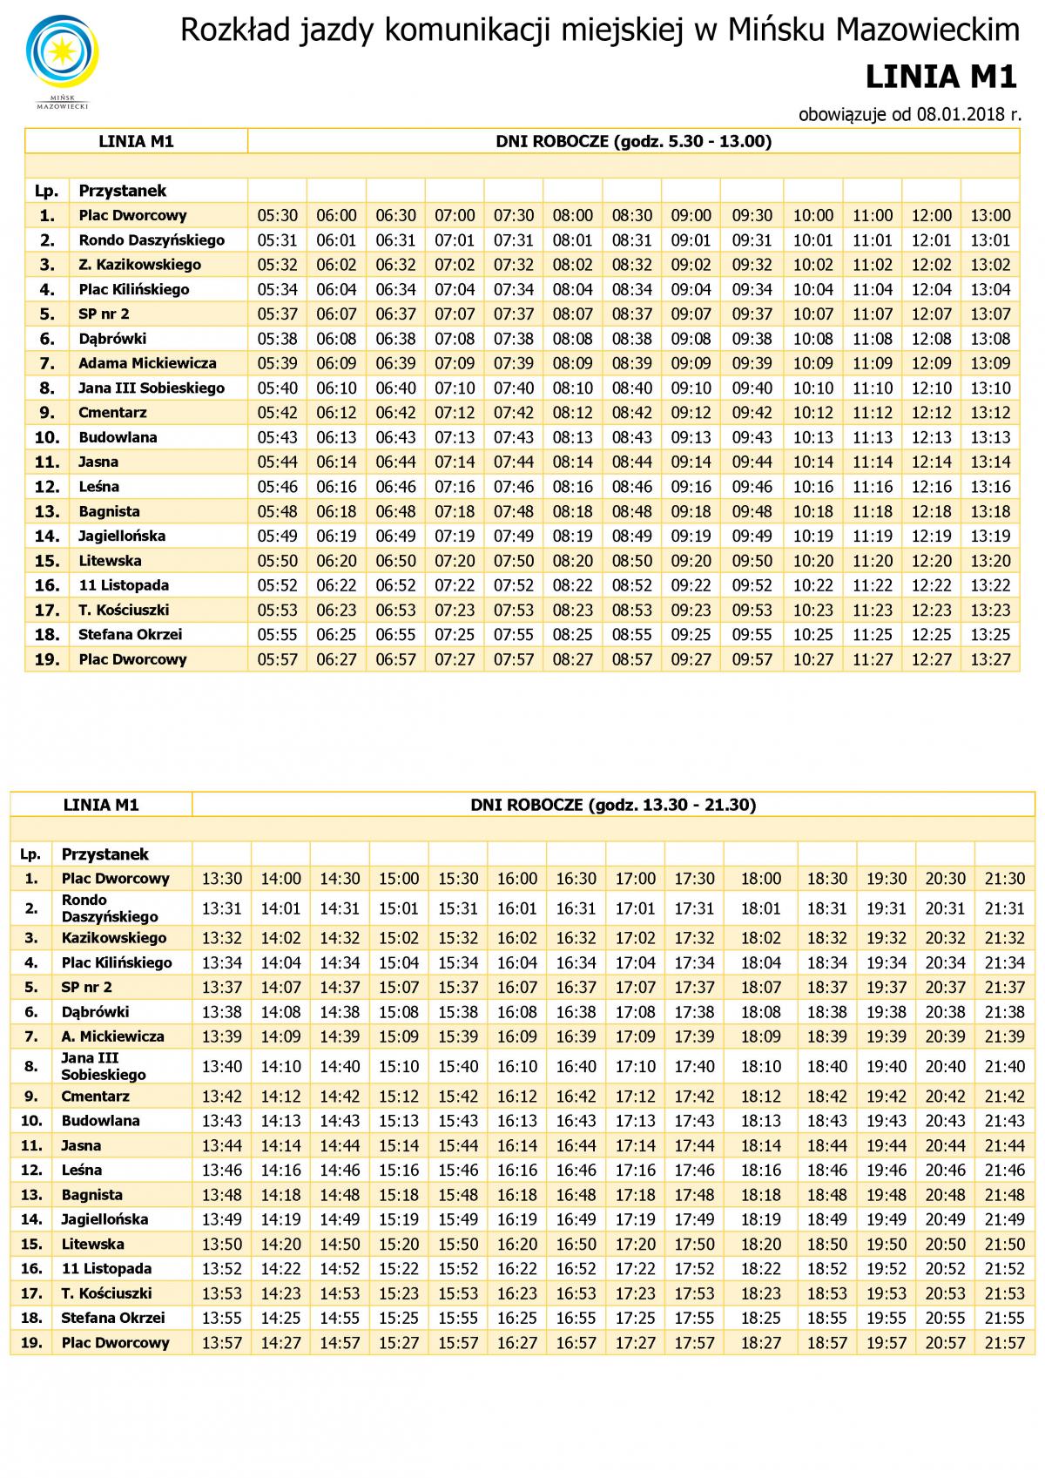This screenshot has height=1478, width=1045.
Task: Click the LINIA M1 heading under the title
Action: [x=941, y=78]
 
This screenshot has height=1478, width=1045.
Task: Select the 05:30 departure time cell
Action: [x=277, y=215]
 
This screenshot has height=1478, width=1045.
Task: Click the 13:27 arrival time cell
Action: [x=990, y=659]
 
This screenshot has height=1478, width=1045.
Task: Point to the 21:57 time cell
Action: [x=1004, y=1342]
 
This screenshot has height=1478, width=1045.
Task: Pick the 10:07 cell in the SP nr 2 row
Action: [x=812, y=314]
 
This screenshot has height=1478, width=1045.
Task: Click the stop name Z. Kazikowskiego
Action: [x=139, y=265]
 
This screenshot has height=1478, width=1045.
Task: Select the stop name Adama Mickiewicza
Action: [x=147, y=363]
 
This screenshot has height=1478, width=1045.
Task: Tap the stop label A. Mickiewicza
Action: [x=112, y=1036]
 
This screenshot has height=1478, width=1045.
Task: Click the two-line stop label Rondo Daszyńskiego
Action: [x=110, y=908]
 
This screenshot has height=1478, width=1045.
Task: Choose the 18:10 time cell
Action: [x=760, y=1066]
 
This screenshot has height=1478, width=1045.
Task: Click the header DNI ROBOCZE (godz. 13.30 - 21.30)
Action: [x=613, y=805]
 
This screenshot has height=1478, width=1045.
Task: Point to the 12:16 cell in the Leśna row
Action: [x=931, y=487]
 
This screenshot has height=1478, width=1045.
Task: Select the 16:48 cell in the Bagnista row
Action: [x=576, y=1195]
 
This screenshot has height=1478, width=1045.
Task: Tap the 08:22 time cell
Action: [x=572, y=585]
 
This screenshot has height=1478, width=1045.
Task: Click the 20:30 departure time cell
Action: [x=945, y=879]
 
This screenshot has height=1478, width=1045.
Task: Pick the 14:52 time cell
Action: [x=340, y=1269]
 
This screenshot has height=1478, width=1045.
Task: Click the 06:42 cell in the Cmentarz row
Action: [x=395, y=413]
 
